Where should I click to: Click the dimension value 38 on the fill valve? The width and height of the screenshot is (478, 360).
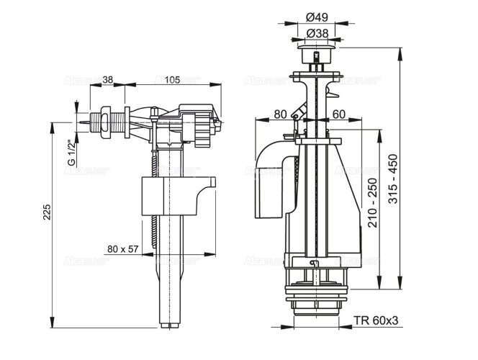pos(107,80)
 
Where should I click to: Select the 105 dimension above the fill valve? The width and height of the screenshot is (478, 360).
pos(171,80)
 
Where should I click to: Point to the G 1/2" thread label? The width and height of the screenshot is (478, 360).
pos(71,152)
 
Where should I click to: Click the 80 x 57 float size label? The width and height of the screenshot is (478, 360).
pos(122,249)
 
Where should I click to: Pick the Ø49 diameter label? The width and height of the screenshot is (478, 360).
pos(313,17)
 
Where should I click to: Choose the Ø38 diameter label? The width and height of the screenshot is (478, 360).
pos(313,33)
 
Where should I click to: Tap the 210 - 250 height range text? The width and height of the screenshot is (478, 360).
pos(371,204)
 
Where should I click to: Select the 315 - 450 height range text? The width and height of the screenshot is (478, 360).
pos(392,178)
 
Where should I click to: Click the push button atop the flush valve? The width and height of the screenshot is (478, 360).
pos(313,55)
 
